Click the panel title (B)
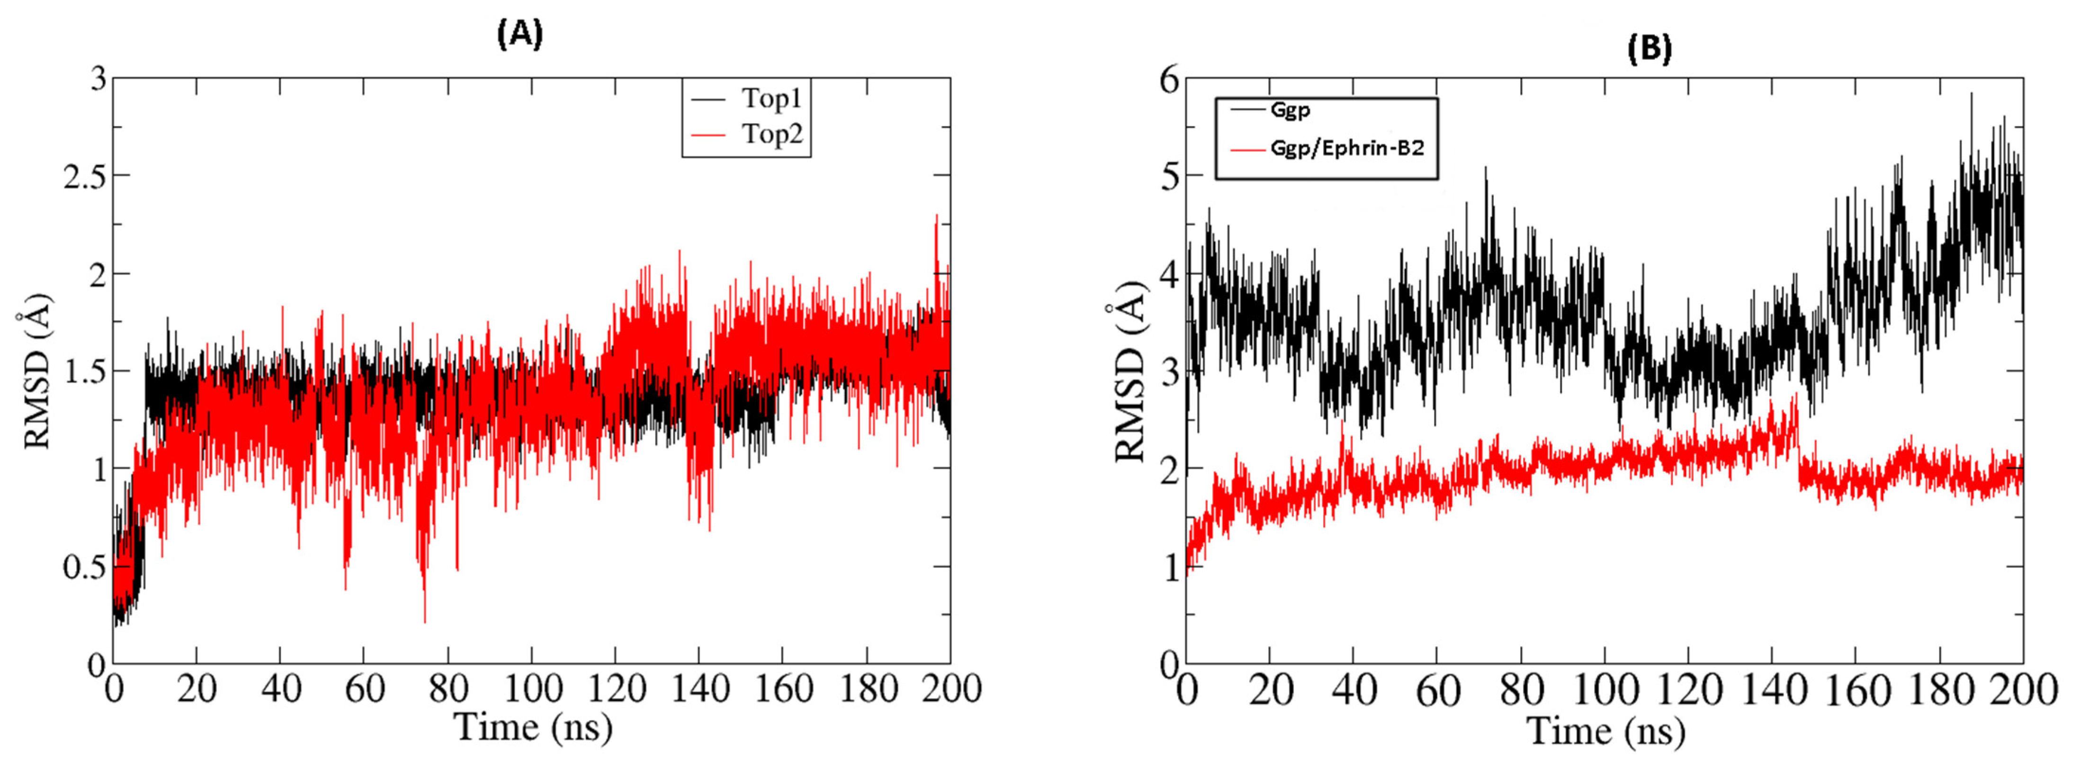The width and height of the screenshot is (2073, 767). [x=1649, y=49]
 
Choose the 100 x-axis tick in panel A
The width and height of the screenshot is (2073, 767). [x=532, y=689]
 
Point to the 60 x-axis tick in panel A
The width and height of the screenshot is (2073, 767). [x=365, y=689]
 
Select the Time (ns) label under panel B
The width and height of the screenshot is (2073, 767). [x=1606, y=731]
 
